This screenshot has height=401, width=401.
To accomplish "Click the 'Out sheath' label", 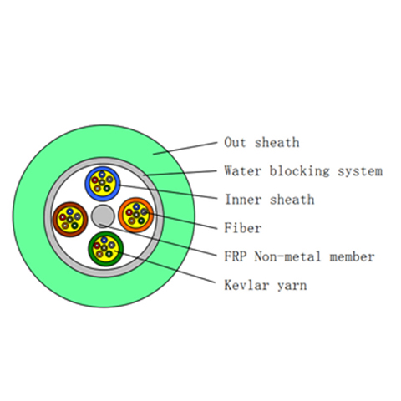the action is click(261, 142).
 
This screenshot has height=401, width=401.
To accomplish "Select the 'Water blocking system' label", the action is click(303, 170).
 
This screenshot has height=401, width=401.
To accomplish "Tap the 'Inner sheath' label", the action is click(270, 200).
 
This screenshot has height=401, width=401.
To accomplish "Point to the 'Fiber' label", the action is click(243, 228).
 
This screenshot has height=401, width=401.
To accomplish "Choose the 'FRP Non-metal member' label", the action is click(299, 256).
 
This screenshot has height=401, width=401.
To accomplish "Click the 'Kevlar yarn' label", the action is click(266, 285).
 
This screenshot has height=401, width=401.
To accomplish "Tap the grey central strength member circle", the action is click(103, 216).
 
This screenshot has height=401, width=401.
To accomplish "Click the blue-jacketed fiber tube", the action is click(103, 184).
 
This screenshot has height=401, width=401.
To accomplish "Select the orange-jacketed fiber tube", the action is click(136, 215).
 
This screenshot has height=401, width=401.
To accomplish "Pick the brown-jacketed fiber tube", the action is click(70, 220).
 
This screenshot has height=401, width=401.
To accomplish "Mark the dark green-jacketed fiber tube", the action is click(106, 249).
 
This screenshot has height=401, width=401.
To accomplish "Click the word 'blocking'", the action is click(299, 170).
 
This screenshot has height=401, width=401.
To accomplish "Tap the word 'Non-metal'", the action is click(287, 256).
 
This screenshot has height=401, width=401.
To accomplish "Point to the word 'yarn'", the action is click(292, 287).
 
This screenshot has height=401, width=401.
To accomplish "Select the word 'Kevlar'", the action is click(246, 285).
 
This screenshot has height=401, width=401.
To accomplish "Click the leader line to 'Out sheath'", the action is click(185, 148).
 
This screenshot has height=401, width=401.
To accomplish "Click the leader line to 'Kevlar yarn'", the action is click(165, 266).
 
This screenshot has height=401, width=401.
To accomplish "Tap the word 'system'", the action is click(360, 172).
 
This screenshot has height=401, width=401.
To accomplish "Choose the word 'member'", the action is click(352, 256).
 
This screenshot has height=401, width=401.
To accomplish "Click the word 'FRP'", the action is click(236, 256).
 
